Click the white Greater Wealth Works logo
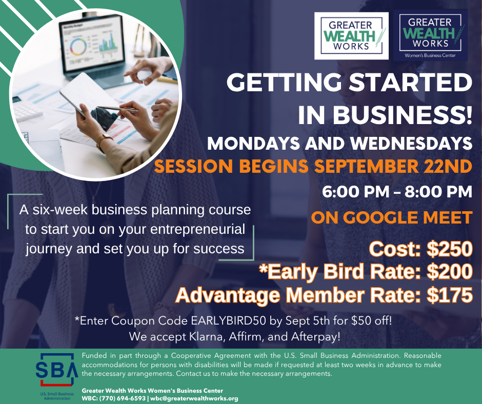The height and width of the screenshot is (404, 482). click(x=351, y=36)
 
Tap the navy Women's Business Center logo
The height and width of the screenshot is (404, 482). click(x=430, y=35)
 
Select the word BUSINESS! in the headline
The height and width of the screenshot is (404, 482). click(x=403, y=115)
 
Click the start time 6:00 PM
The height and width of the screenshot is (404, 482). click(x=355, y=192)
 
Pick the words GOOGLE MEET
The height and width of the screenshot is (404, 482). click(x=408, y=218)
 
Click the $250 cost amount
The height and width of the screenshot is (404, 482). click(x=450, y=249)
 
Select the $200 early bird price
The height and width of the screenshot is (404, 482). click(x=450, y=272)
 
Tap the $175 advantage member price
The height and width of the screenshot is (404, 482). click(x=450, y=295)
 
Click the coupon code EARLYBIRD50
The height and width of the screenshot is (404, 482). click(x=228, y=320)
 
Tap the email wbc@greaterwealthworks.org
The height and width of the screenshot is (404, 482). click(x=194, y=398)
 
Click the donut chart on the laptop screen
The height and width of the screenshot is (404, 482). click(x=78, y=47)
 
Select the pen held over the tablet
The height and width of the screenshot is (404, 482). click(x=117, y=109)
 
